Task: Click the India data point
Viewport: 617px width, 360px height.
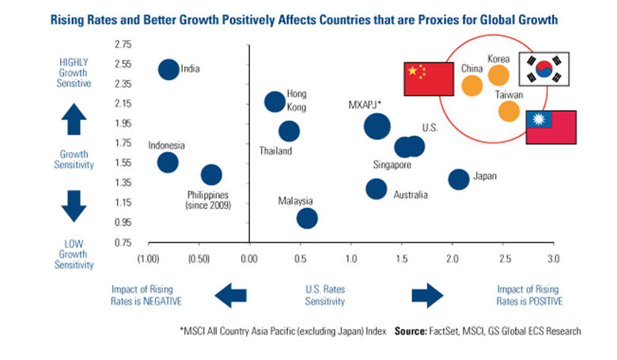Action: [168, 69]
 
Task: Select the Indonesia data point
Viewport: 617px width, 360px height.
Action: [168, 162]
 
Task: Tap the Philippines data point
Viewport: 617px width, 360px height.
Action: [211, 175]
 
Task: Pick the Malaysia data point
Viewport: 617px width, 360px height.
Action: [307, 218]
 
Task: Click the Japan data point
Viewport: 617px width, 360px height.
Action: [459, 179]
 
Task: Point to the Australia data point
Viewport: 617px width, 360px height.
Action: [377, 189]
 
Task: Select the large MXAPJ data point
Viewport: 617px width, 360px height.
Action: [377, 126]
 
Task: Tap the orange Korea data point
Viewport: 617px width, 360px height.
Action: [498, 74]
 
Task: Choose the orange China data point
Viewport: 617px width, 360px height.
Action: [471, 85]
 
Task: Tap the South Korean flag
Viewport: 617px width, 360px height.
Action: [543, 69]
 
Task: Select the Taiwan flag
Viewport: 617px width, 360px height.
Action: [551, 127]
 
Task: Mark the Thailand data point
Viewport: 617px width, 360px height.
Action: [290, 131]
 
